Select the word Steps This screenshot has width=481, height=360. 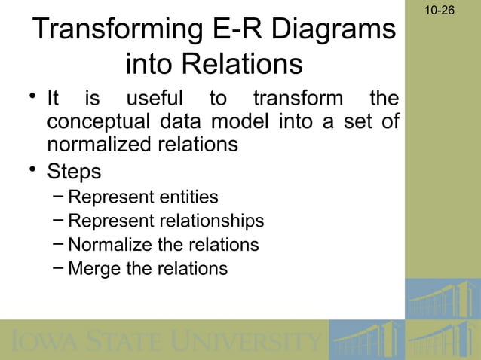point(74,171)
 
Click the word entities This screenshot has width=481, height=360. point(189,197)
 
